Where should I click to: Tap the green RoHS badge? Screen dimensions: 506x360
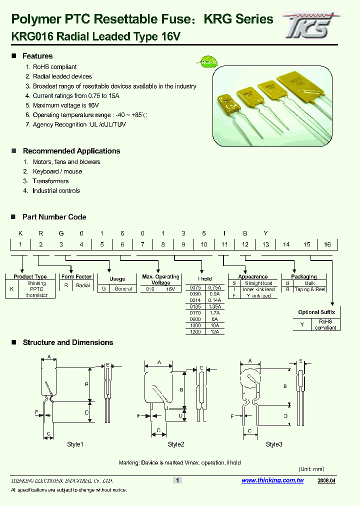click(207, 62)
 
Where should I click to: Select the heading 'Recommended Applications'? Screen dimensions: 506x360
click(71, 151)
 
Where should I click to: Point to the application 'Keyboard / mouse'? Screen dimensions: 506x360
click(57, 171)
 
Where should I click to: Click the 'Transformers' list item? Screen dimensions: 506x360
click(50, 181)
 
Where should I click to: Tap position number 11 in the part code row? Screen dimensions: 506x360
click(224, 244)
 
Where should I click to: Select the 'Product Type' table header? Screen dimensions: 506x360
click(30, 276)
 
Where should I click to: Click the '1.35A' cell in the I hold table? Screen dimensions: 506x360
click(214, 307)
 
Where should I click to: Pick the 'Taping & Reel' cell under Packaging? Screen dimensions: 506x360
click(309, 289)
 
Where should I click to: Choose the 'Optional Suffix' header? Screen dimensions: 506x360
click(316, 312)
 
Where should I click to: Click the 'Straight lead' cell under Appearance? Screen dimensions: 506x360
click(258, 283)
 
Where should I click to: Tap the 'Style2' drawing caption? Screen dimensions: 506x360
click(176, 444)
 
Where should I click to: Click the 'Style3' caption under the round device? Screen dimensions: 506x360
click(274, 444)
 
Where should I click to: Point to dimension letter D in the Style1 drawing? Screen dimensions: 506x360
click(86, 412)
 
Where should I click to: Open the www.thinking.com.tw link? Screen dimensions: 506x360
click(272, 480)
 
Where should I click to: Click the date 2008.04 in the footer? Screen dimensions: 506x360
click(327, 480)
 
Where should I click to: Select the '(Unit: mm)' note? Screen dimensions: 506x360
click(311, 469)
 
